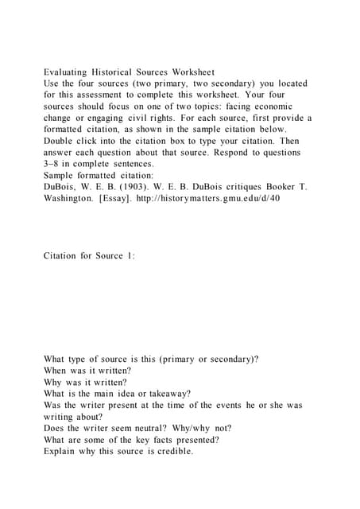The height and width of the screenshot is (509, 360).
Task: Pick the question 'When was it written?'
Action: pos(88,371)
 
